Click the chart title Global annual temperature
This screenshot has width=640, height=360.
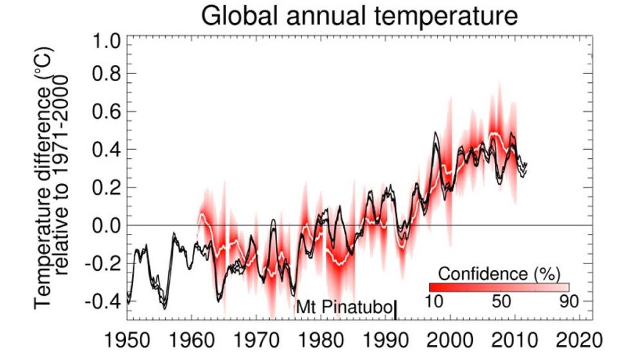tap(359, 15)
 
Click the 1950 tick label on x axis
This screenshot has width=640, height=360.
tap(127, 339)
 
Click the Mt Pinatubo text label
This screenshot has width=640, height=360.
tap(343, 309)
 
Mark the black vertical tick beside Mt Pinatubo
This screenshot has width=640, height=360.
tap(395, 310)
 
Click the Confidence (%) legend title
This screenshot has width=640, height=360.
tap(499, 273)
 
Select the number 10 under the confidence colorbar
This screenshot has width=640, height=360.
tap(436, 301)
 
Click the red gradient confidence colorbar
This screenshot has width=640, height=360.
tap(499, 287)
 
